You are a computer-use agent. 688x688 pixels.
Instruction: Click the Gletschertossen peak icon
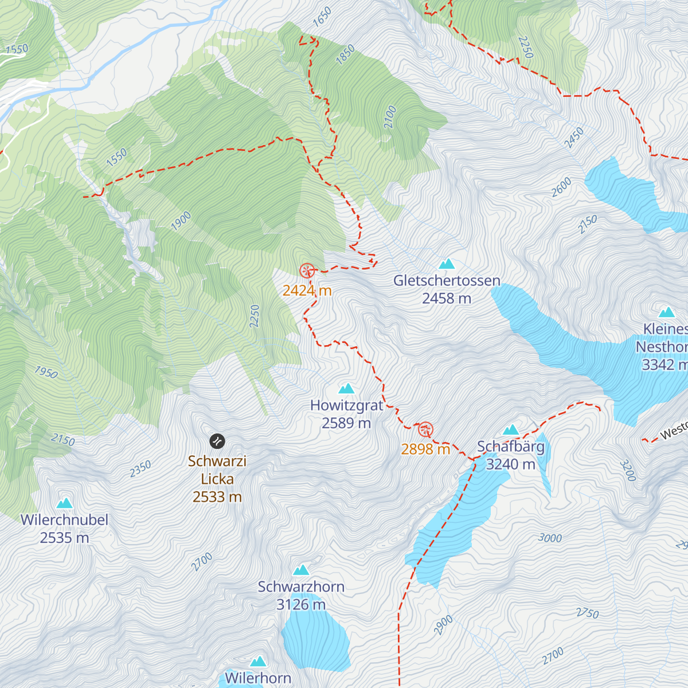[x=447, y=264]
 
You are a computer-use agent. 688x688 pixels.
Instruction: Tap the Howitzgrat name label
[x=346, y=405]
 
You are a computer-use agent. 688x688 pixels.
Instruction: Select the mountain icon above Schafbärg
[x=510, y=429]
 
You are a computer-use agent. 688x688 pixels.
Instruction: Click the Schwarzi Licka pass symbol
[x=217, y=441]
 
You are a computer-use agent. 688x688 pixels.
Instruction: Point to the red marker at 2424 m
[x=307, y=270]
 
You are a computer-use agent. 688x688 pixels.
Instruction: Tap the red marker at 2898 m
[x=425, y=429]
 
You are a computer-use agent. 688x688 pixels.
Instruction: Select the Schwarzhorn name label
[x=301, y=587]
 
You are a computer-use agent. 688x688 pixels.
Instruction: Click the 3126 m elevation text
[x=301, y=604]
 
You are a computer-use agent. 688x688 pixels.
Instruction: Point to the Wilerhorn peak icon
[x=258, y=661]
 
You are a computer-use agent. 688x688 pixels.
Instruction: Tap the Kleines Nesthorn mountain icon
[x=666, y=312]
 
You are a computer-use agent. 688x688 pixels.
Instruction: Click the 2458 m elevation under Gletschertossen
[x=447, y=298]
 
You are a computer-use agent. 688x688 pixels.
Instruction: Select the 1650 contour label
[x=322, y=17]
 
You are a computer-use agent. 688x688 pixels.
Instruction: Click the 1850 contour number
[x=345, y=55]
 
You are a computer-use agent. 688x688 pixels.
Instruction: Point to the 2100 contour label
[x=390, y=117]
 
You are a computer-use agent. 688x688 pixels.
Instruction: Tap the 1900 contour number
[x=181, y=221]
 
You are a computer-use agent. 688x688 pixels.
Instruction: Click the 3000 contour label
[x=550, y=538]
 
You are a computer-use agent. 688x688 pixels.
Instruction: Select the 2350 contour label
[x=140, y=468]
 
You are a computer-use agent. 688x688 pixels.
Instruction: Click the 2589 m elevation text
[x=346, y=423]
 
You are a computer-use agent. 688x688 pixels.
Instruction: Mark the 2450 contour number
[x=574, y=138]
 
